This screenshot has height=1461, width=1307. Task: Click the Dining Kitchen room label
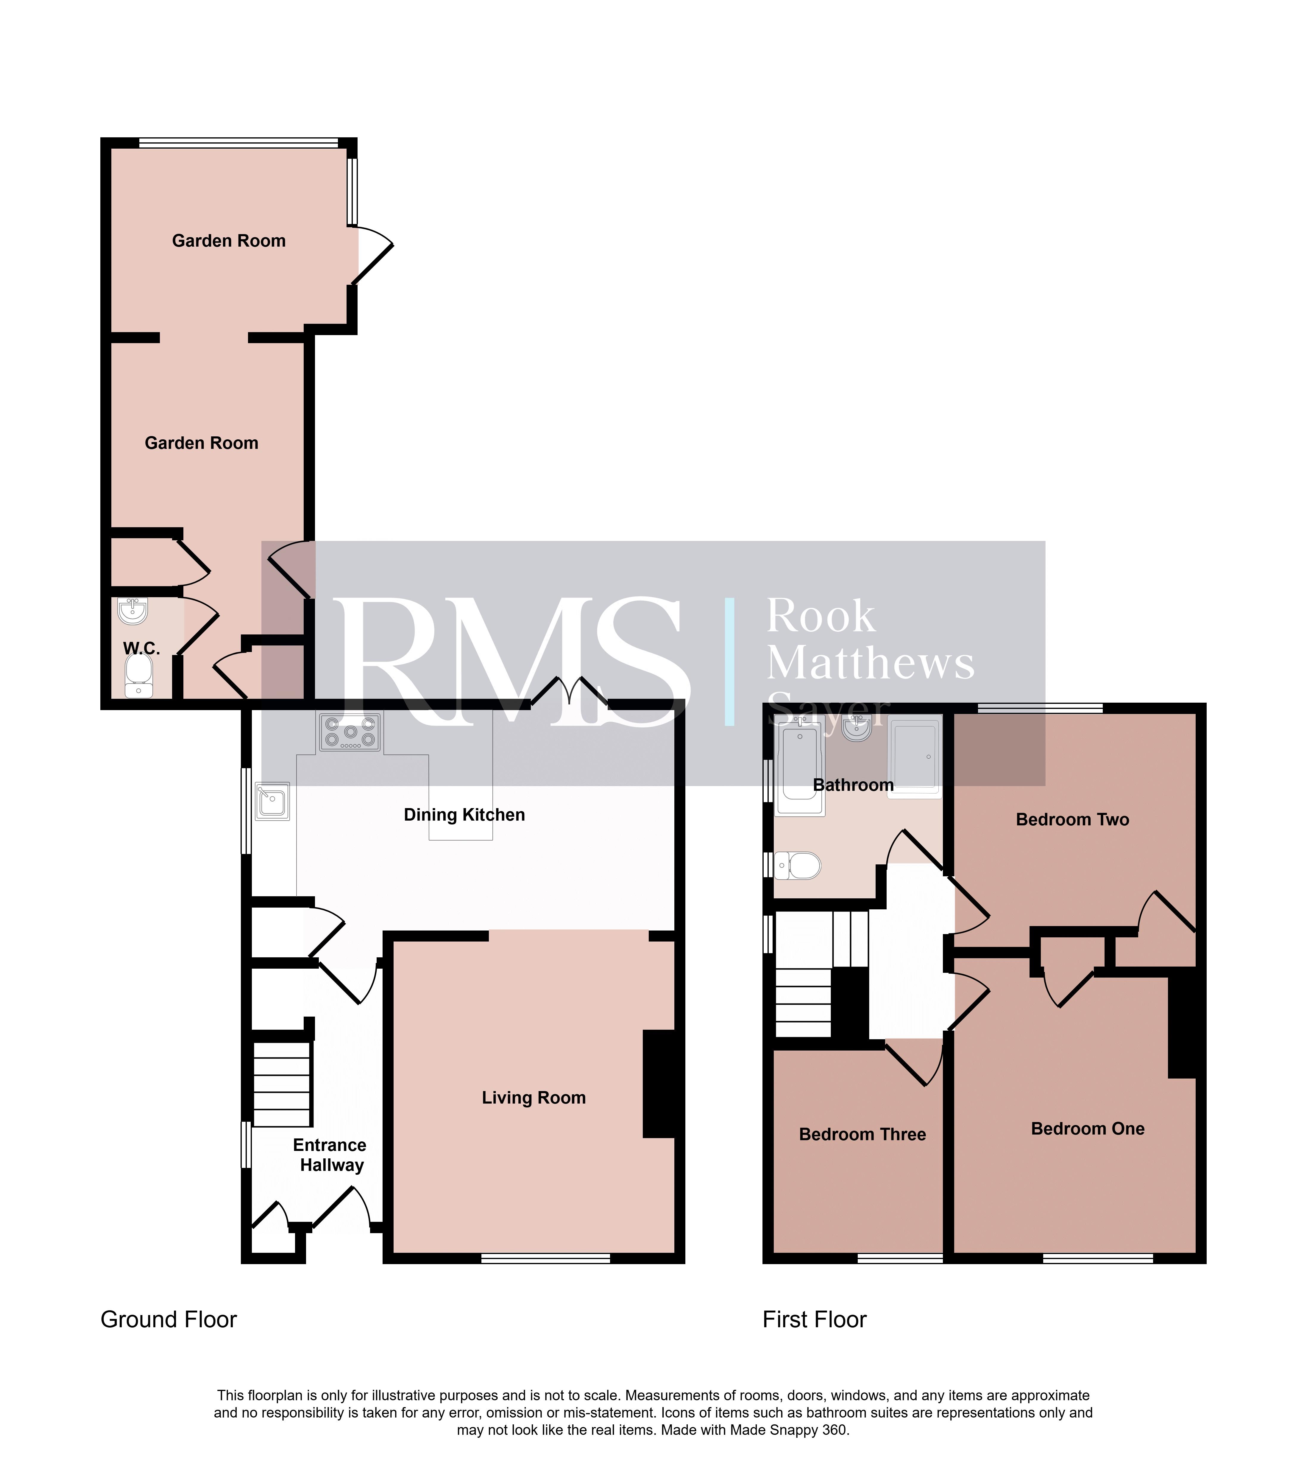coord(464,815)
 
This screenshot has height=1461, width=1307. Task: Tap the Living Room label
coord(534,1098)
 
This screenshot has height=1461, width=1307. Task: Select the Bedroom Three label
coord(863,1134)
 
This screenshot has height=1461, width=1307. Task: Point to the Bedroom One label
coord(1087,1128)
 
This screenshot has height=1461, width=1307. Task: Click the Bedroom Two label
coord(1072,820)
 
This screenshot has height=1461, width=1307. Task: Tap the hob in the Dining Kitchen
coord(350,732)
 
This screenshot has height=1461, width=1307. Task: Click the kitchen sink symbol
coord(272,801)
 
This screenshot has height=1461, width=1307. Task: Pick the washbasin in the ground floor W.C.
coord(133,611)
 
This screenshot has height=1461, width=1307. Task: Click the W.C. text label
coord(141,649)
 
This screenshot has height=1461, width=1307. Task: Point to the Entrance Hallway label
coord(330,1155)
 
